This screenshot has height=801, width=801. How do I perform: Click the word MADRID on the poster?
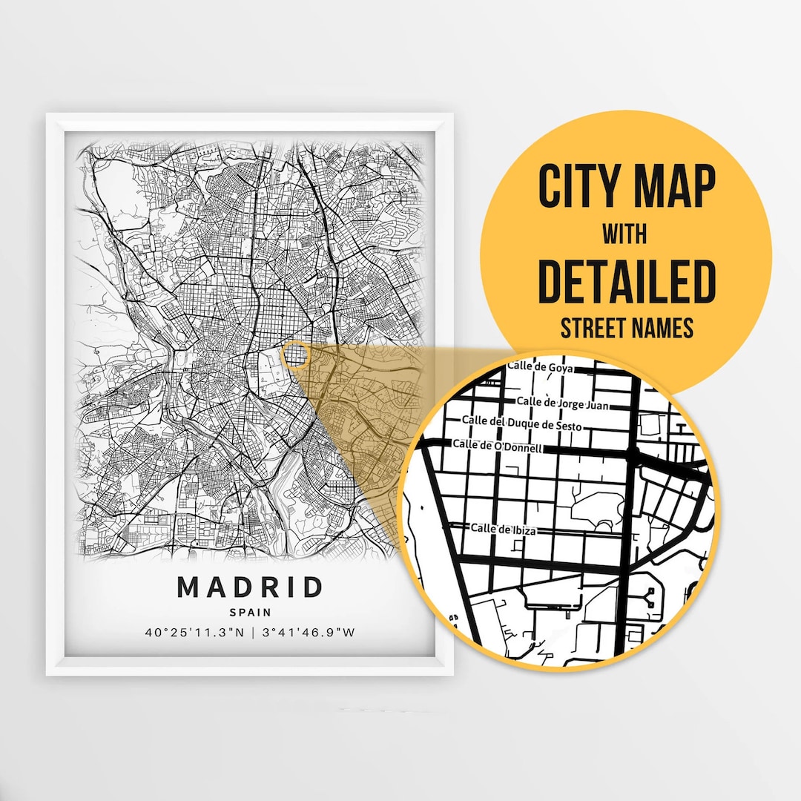(250, 587)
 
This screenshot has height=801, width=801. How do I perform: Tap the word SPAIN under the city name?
(250, 613)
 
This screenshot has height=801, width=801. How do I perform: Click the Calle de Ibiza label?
(504, 530)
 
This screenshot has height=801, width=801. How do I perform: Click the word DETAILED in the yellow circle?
(627, 283)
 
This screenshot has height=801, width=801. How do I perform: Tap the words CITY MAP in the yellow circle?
(627, 188)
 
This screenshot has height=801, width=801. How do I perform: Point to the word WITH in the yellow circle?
(624, 235)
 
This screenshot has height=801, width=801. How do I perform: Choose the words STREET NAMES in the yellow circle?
(627, 328)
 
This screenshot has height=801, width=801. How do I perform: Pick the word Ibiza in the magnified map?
(521, 530)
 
